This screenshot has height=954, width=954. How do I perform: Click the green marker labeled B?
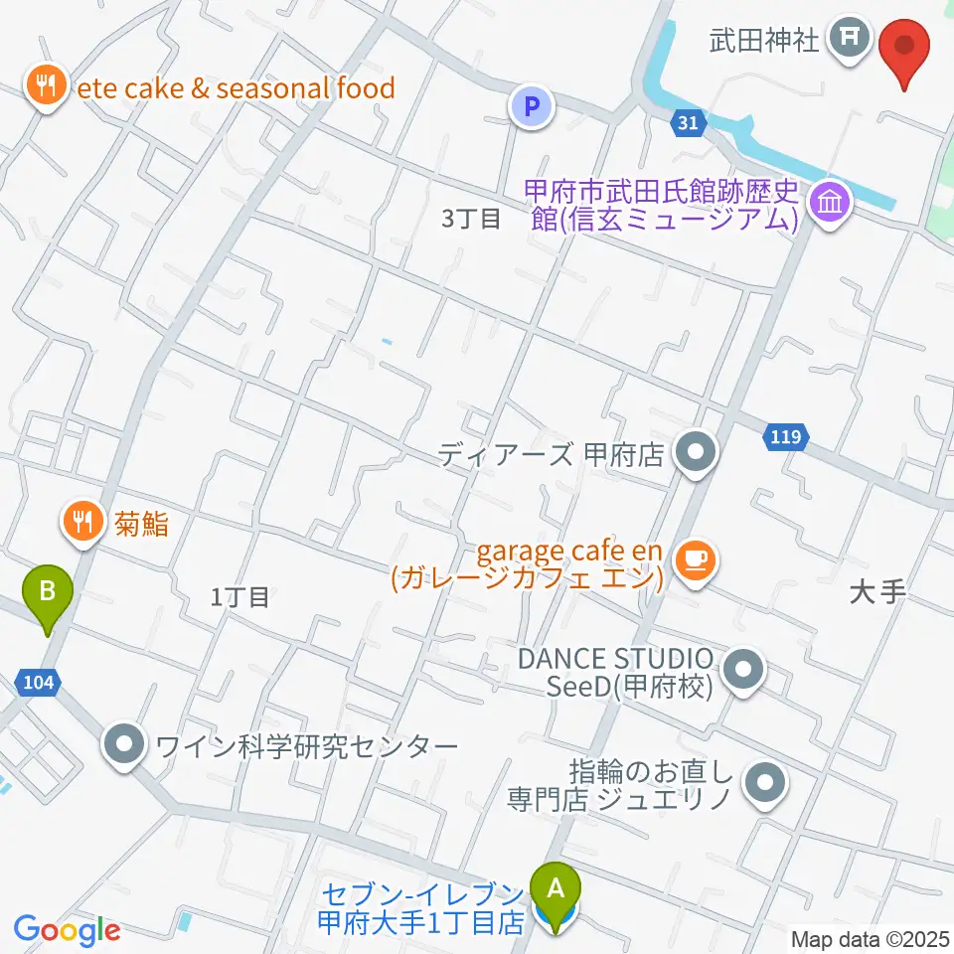pyautogui.click(x=47, y=593)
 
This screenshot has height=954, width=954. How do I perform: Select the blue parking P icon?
pyautogui.click(x=532, y=106)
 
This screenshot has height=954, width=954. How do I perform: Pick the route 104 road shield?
pyautogui.click(x=35, y=683)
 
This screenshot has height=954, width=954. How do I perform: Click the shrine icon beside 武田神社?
pyautogui.click(x=851, y=40)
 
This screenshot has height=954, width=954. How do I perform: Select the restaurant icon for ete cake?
pyautogui.click(x=44, y=86)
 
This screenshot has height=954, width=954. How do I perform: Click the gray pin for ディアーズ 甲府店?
pyautogui.click(x=695, y=454)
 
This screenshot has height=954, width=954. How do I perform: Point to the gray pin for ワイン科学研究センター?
pyautogui.click(x=125, y=744)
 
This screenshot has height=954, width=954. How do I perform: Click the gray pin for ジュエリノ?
pyautogui.click(x=765, y=782)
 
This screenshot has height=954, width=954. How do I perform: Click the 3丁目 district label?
pyautogui.click(x=471, y=219)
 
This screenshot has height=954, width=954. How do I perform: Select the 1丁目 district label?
pyautogui.click(x=240, y=596)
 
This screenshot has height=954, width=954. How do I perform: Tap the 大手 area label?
pyautogui.click(x=878, y=592)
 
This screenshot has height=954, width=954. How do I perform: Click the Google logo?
pyautogui.click(x=67, y=930)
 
